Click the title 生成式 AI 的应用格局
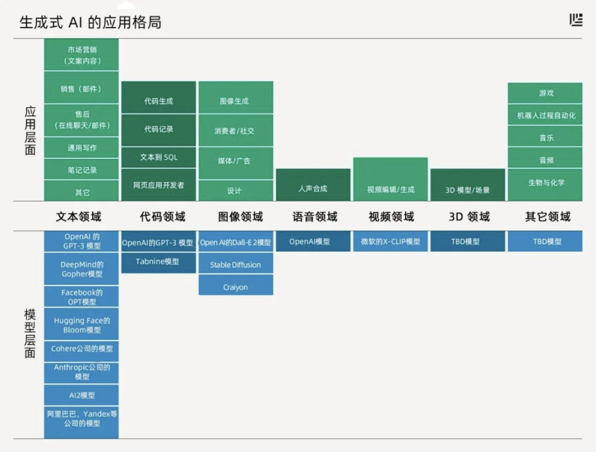90,23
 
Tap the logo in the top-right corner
576,20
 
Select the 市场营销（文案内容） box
81,55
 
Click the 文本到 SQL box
159,157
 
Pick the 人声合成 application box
313,188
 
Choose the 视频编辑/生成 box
390,188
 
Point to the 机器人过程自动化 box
545,115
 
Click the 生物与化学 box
545,183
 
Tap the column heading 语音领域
315,217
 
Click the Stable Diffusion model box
236,264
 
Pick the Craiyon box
236,287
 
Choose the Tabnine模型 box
158,261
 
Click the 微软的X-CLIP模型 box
390,241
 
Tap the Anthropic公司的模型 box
81,372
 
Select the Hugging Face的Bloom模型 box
81,325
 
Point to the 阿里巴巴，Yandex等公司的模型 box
81,419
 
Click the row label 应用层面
30,130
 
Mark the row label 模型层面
30,333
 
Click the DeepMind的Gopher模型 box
81,269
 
